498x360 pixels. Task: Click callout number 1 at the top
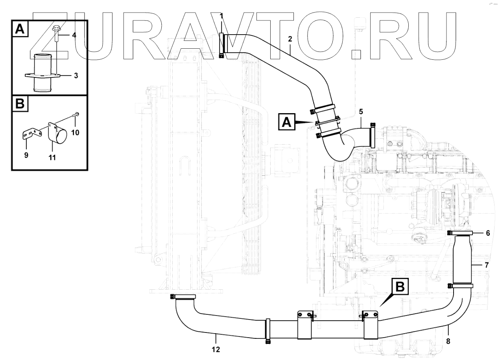(221, 15)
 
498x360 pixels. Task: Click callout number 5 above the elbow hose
(361, 112)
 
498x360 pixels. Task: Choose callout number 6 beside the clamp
(488, 233)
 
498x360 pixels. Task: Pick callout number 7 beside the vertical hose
(487, 265)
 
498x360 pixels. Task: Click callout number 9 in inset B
(26, 155)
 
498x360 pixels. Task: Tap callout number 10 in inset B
(75, 132)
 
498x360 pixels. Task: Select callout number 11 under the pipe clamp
(52, 158)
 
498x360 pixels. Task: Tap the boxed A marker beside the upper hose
(287, 122)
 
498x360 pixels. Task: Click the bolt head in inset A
(56, 29)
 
